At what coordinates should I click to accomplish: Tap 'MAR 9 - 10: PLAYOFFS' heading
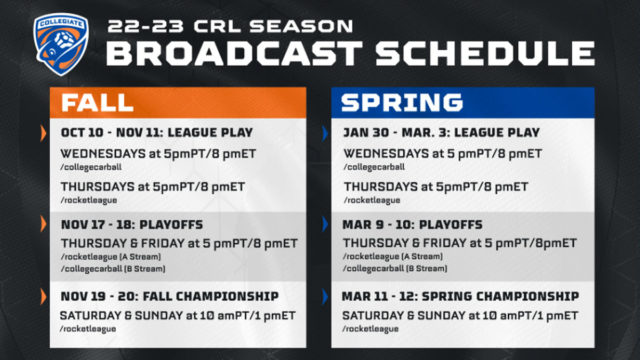click(411, 224)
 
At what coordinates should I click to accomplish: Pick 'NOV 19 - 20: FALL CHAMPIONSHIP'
click(169, 297)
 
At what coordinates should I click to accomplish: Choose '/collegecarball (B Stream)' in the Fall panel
click(109, 269)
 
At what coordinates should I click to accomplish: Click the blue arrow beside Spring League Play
click(325, 133)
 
